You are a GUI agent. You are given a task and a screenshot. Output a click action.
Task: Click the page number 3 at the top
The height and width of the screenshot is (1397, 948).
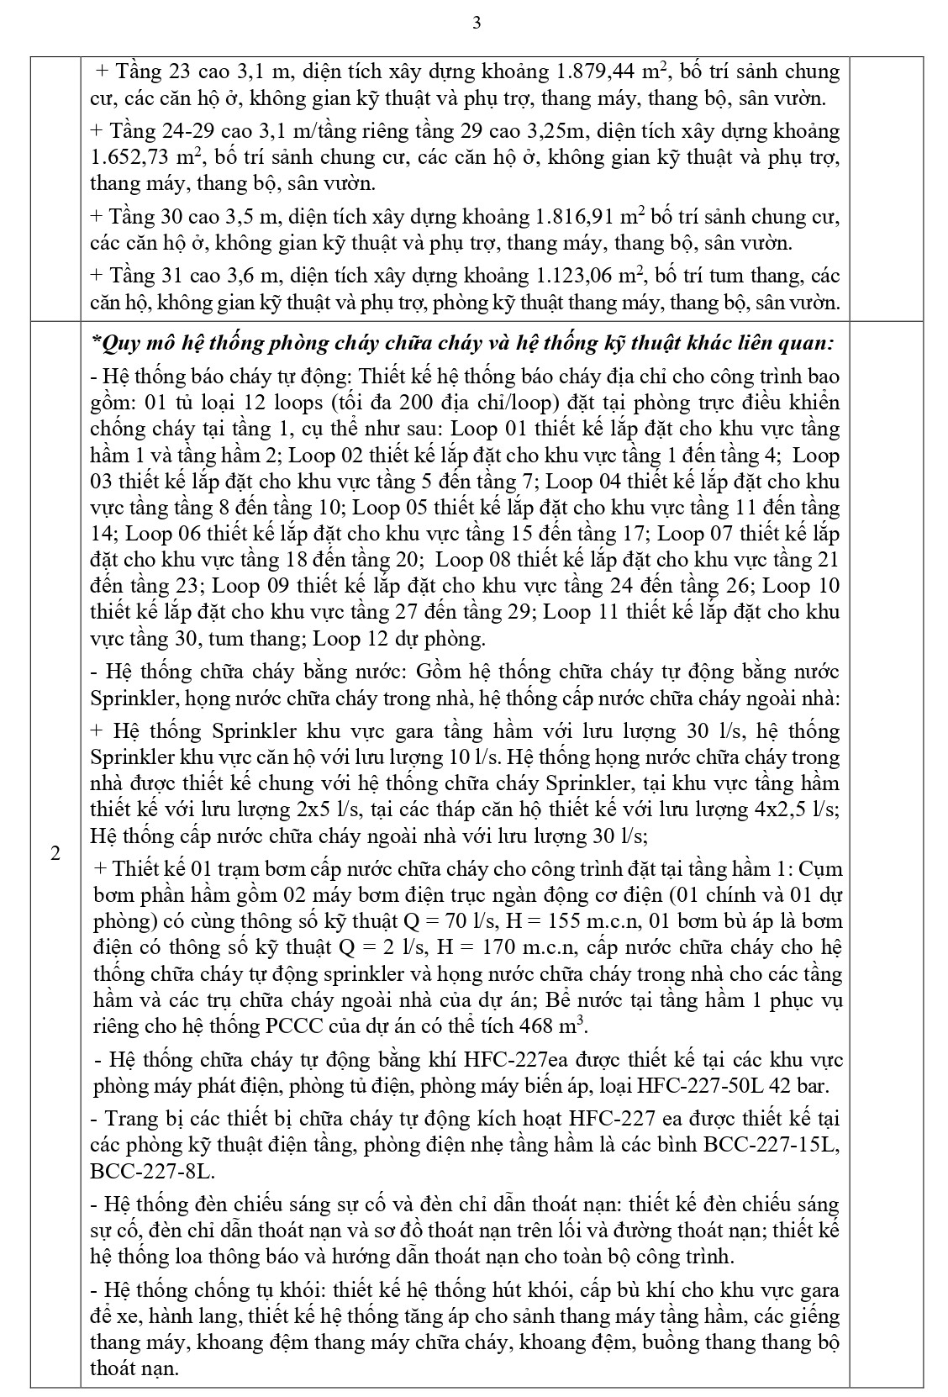[477, 23]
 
